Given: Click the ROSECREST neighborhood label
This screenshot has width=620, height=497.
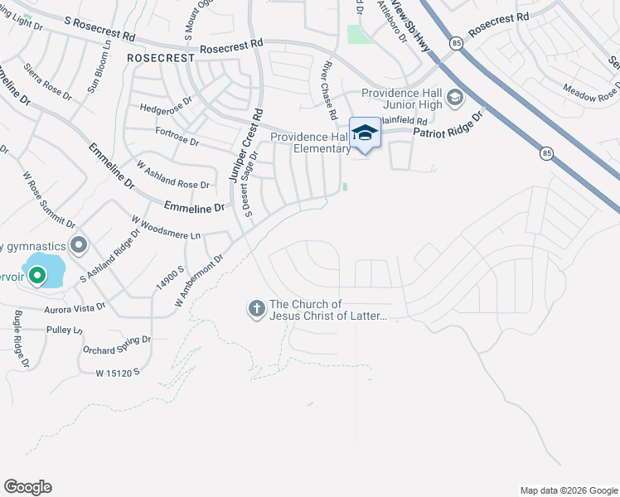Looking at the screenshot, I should (161, 59).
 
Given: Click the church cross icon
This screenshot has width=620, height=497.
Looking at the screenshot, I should (256, 310).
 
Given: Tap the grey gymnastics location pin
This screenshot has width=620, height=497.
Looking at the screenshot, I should (79, 245).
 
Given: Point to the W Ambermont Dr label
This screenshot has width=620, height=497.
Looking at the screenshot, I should (200, 282).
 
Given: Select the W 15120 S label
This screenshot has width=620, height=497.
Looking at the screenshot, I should (118, 374).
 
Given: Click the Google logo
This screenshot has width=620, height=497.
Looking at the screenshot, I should (27, 487).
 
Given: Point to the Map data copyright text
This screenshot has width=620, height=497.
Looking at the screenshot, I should (568, 490).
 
